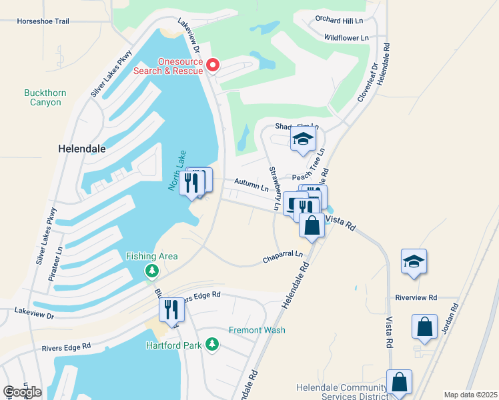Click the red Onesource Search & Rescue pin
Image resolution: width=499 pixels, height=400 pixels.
pyautogui.click(x=213, y=65)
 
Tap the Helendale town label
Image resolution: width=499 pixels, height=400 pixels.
pyautogui.click(x=82, y=149)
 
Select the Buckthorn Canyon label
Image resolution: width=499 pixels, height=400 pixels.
pyautogui.click(x=45, y=97)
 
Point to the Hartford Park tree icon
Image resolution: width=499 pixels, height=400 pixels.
pyautogui.click(x=212, y=344)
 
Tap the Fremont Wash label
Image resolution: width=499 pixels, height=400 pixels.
pyautogui.click(x=257, y=330)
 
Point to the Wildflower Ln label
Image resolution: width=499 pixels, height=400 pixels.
pyautogui.click(x=347, y=39)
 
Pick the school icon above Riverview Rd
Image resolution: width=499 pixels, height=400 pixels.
pyautogui.click(x=414, y=262)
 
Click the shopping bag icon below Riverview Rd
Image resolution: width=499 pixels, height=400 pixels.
pyautogui.click(x=424, y=327)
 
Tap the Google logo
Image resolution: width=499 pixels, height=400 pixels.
pyautogui.click(x=23, y=392)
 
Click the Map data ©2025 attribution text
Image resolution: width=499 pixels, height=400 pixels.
pyautogui.click(x=470, y=395)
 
